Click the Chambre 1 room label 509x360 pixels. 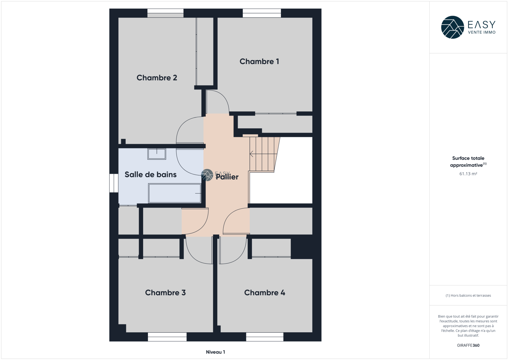(259, 61)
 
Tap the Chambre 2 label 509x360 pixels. (157, 78)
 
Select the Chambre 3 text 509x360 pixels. (165, 293)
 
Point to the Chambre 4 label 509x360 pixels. (265, 293)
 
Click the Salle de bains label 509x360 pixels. (151, 175)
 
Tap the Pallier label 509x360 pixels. (227, 177)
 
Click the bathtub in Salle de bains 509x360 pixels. (175, 193)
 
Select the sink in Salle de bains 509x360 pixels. (157, 154)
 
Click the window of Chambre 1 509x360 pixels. (262, 13)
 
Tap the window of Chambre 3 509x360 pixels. (167, 337)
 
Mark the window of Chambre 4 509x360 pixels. (265, 337)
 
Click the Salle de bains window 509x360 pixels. (114, 183)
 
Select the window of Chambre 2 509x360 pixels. (165, 13)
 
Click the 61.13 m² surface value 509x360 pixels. (468, 174)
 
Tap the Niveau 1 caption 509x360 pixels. (215, 352)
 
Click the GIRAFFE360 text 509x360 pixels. (468, 345)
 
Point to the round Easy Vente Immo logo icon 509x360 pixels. (452, 27)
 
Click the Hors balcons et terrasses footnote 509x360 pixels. (468, 295)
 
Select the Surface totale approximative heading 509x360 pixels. (468, 161)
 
